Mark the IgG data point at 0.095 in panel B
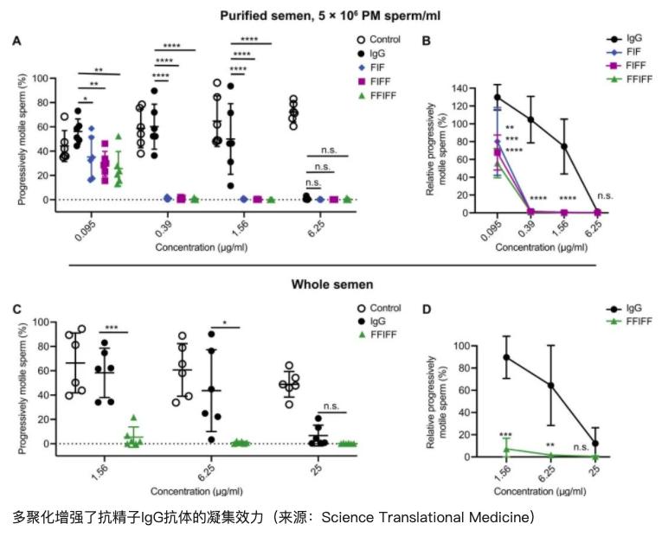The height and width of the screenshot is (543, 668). click(497, 97)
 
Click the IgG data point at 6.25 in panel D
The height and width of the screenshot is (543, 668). click(550, 385)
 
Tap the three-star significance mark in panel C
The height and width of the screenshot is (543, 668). click(113, 328)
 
